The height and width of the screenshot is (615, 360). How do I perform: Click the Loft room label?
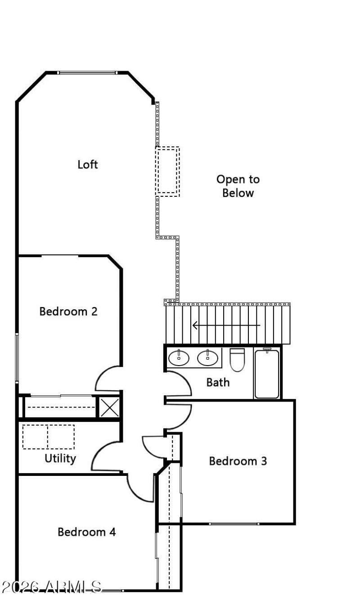coord(87,164)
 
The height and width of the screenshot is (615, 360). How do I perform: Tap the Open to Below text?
coord(238,186)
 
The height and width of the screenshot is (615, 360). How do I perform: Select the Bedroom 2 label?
coord(68,311)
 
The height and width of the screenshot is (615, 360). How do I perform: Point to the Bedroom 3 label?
coord(238,461)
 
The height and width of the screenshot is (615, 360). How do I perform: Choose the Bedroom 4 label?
coord(86,532)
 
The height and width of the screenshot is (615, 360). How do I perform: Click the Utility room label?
coord(60,458)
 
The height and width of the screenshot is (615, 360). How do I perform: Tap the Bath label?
coord(218,382)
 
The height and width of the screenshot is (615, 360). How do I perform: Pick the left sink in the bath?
coord(180,358)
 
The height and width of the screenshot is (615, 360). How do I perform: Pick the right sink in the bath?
coord(207,358)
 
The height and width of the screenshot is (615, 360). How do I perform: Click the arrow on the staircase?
coord(226,325)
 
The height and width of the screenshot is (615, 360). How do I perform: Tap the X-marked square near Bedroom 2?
coord(109,407)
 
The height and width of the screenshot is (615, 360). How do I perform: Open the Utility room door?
coord(106,456)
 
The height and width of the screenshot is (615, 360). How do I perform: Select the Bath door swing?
coord(178,384)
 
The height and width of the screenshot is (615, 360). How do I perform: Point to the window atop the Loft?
coord(87,72)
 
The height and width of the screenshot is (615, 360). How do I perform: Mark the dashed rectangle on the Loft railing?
coord(167,171)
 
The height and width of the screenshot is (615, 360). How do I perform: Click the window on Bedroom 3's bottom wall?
coord(234,524)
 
